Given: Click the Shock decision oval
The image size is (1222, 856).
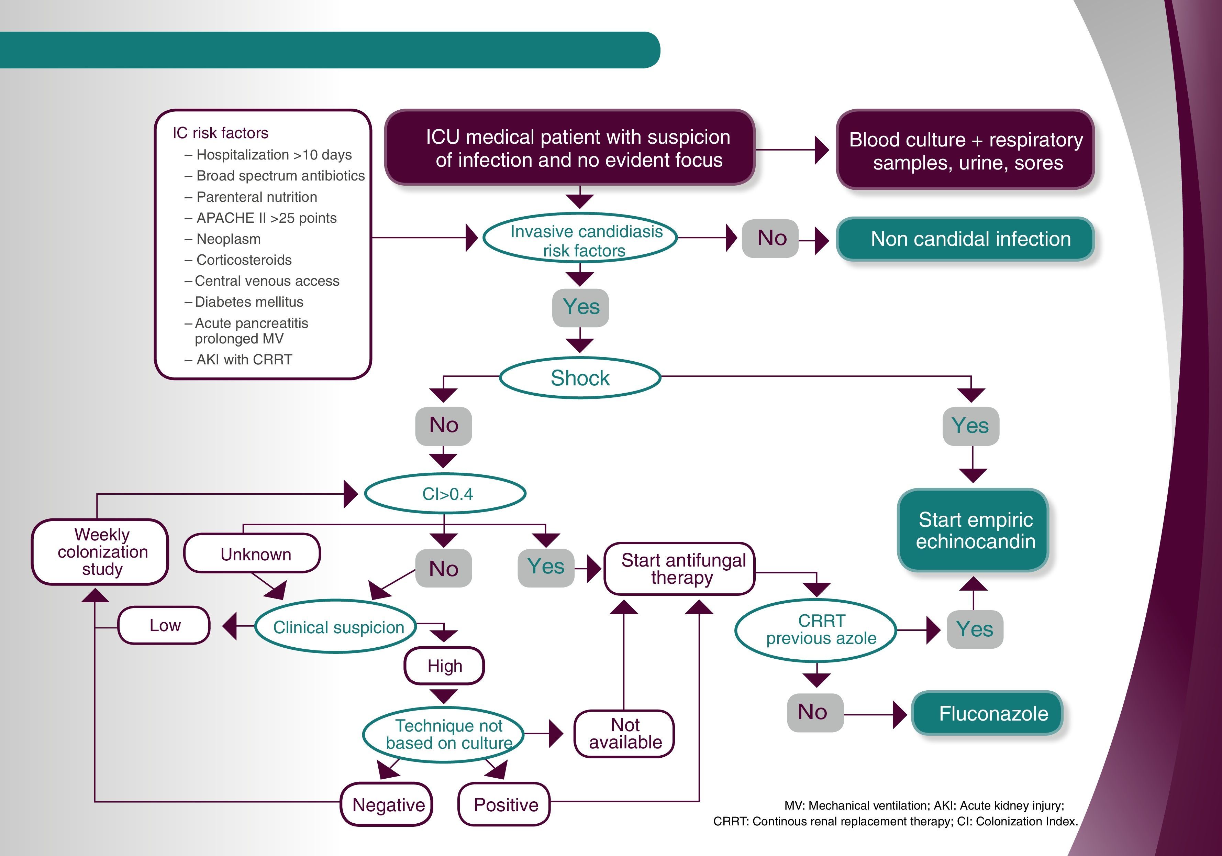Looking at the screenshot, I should pos(580,377).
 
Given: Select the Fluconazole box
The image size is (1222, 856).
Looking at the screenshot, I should pos(987,713).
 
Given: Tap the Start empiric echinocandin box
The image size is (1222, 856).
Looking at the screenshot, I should pos(973,530).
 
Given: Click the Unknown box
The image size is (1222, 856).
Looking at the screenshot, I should pos(252,553).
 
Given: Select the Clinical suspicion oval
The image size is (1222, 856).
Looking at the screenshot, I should pos(336,627).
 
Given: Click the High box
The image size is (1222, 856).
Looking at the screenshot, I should pos(444,666).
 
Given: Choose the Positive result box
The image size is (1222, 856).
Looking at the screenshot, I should pos(504,804).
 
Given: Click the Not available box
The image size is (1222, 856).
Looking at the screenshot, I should pos(624,734).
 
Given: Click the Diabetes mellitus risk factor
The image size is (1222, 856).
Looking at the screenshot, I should pos(248,302).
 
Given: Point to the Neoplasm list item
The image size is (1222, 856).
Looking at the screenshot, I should pos(228,239).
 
